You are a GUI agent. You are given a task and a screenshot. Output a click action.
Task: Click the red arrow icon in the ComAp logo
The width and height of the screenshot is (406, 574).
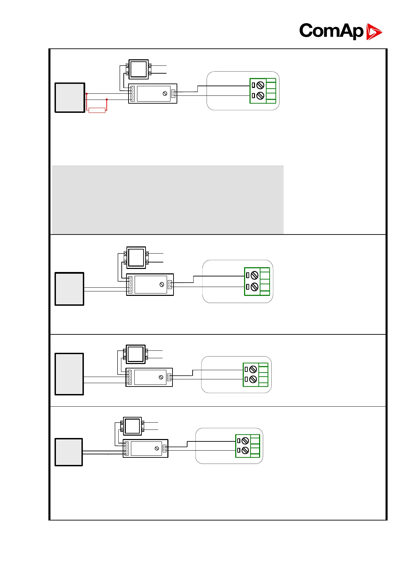pyautogui.click(x=374, y=32)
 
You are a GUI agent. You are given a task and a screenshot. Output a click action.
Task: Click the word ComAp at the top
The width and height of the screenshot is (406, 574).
pyautogui.click(x=331, y=31)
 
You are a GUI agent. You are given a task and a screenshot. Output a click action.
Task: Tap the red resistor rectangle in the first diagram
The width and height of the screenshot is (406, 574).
pyautogui.click(x=97, y=110)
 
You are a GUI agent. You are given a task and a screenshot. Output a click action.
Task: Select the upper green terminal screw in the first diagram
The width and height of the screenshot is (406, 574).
pyautogui.click(x=260, y=85)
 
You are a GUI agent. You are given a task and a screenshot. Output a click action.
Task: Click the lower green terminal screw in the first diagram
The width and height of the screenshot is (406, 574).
pyautogui.click(x=260, y=96)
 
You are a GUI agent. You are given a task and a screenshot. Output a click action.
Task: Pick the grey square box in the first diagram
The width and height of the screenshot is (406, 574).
pyautogui.click(x=70, y=97)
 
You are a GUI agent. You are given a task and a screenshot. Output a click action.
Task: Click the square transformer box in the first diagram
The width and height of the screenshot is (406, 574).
pyautogui.click(x=138, y=69)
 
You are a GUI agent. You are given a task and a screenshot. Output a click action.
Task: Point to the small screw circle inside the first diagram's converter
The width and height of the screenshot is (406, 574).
pyautogui.click(x=165, y=94)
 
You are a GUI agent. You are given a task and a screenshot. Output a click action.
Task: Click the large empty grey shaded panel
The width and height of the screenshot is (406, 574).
pyautogui.click(x=167, y=199)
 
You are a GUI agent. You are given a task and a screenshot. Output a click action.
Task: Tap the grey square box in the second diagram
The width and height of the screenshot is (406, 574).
pyautogui.click(x=70, y=289)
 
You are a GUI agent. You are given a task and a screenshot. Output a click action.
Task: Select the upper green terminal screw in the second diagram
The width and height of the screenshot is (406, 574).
pyautogui.click(x=254, y=275)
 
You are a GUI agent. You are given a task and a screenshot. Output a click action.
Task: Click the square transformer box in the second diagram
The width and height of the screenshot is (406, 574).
pyautogui.click(x=136, y=258)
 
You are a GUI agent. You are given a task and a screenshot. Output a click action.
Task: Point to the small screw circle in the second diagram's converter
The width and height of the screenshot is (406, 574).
pyautogui.click(x=162, y=285)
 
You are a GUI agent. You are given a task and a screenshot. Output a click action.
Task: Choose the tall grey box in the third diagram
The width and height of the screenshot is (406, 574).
pyautogui.click(x=69, y=374)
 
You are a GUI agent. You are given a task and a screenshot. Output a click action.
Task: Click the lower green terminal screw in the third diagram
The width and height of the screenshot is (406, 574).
pyautogui.click(x=253, y=379)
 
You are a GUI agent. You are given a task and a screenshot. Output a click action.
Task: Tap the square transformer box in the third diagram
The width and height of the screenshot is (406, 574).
pyautogui.click(x=135, y=354)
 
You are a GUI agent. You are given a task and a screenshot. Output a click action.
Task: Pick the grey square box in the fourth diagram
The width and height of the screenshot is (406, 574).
pyautogui.click(x=69, y=452)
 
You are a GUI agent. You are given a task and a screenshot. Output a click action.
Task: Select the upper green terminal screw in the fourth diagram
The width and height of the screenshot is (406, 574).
pyautogui.click(x=245, y=441)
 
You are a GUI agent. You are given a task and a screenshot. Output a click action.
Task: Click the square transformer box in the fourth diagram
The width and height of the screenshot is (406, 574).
pyautogui.click(x=132, y=426)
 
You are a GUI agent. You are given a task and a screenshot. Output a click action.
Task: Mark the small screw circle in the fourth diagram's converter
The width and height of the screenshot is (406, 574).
pyautogui.click(x=157, y=448)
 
